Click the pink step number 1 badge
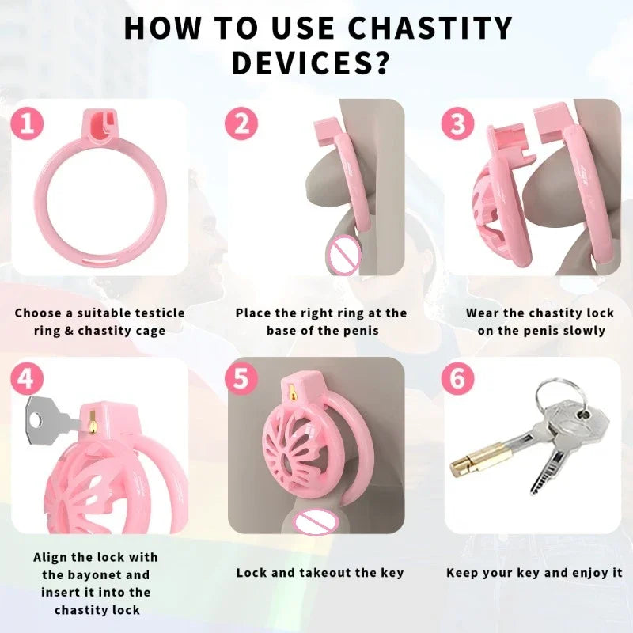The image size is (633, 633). point(27,123)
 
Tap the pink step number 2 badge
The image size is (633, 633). point(241,123)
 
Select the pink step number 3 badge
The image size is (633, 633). point(457,123)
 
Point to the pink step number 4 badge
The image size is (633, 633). point(27,379)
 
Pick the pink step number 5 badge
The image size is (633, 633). point(241,379)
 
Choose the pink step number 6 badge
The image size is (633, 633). point(457,379)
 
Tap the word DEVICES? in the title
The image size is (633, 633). point(311,63)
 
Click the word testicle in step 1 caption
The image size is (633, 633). point(160,313)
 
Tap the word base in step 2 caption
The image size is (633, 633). point(281,331)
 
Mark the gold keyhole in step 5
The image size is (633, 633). point(291,392)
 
